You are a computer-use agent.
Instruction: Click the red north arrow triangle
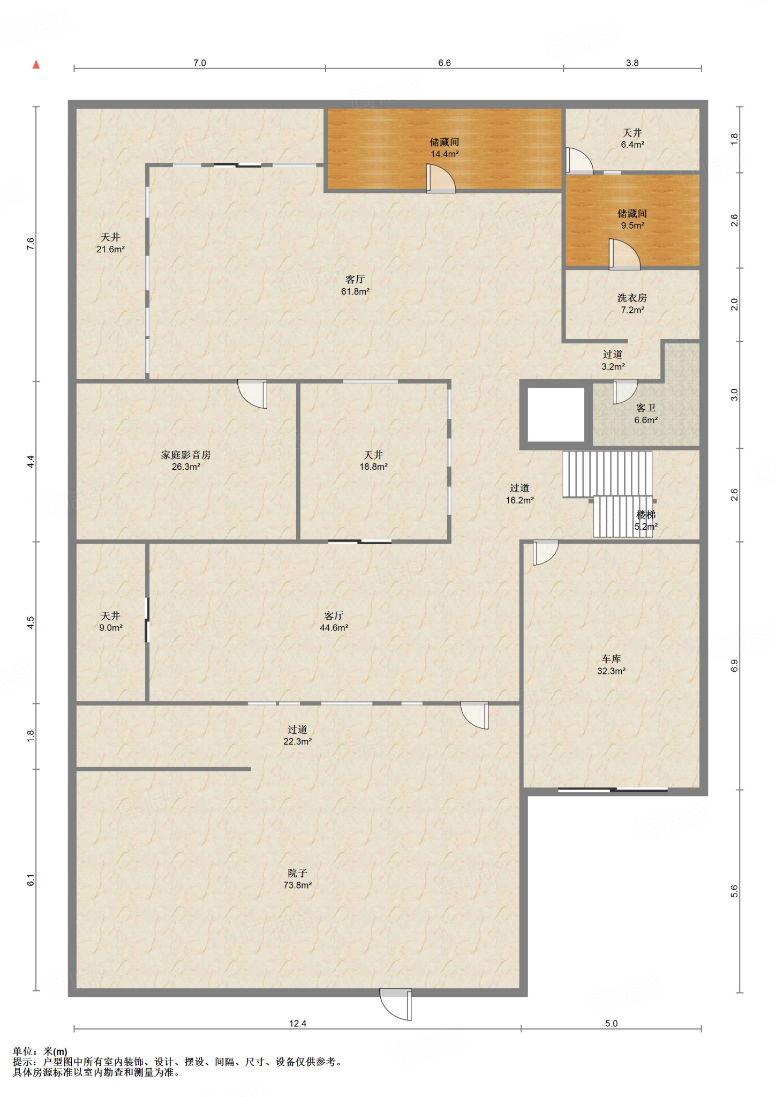[36, 65]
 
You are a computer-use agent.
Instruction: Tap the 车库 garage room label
[611, 659]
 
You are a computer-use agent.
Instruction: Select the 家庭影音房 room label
[186, 455]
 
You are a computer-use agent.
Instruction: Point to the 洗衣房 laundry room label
[632, 298]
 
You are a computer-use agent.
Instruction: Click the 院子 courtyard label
[297, 873]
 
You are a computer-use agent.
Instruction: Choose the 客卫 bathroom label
[646, 408]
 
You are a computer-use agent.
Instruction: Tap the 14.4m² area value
[444, 154]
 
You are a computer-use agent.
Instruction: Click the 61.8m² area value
[355, 292]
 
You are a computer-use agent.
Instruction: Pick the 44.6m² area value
[334, 628]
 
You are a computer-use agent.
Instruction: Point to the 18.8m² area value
[373, 467]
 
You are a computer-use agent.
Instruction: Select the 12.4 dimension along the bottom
[298, 1024]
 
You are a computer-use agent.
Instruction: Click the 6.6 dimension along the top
[444, 63]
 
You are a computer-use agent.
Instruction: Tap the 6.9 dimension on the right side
[734, 665]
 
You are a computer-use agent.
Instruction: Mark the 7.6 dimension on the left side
[31, 244]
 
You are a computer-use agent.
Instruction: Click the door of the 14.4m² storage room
[440, 178]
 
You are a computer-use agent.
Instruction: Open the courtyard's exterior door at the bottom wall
[396, 1004]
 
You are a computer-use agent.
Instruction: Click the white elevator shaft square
[556, 415]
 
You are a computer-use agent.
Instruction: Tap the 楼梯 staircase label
[646, 515]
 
